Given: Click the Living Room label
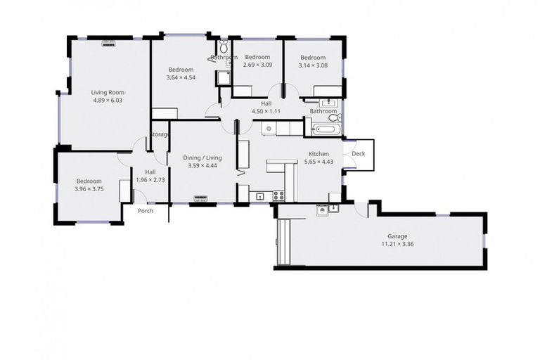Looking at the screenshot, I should coord(107,92).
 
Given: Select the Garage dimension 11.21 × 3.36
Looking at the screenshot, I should coord(397,245).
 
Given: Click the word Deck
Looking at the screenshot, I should coord(358,153).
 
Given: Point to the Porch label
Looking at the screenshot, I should coord(146,211).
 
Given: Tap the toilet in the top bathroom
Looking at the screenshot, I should coord(224,48).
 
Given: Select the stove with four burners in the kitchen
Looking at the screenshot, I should coord(279,196).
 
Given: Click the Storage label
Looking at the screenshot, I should coord(160,134).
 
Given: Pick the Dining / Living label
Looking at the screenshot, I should coord(202,158).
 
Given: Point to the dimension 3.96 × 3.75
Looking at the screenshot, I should coord(89,188).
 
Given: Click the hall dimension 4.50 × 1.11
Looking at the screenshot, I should coord(266,111).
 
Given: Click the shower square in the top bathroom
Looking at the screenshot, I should coord(224,77).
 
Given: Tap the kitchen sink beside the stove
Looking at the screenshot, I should coord(259,196).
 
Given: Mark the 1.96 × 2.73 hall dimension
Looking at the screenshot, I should coord(150,180).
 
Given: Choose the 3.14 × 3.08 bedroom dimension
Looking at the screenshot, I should coord(313,65).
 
